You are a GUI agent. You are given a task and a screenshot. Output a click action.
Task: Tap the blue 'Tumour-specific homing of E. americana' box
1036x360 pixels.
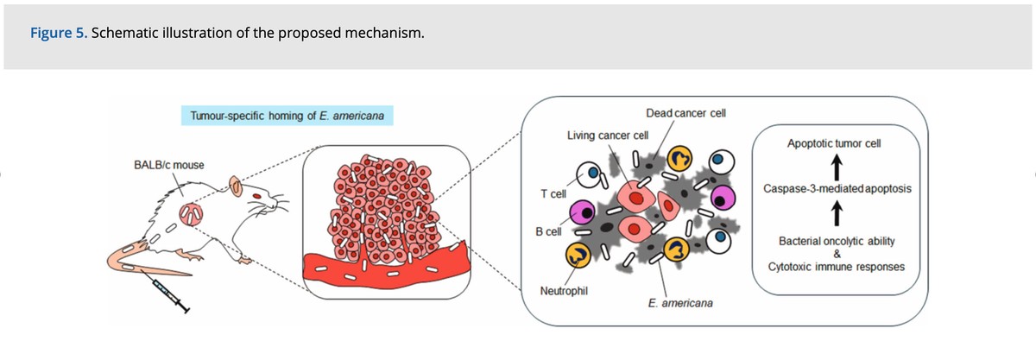(x=287, y=116)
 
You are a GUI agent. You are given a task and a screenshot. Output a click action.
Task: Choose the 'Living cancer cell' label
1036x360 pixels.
(x=607, y=136)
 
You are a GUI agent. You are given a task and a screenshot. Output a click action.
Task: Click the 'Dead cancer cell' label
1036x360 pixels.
(x=685, y=114)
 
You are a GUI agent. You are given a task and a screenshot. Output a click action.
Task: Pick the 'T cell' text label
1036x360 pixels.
(x=553, y=193)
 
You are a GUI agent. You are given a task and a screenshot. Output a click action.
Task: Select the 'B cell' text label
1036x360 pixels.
(x=549, y=231)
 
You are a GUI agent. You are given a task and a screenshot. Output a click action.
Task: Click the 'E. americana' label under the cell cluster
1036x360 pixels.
(x=680, y=304)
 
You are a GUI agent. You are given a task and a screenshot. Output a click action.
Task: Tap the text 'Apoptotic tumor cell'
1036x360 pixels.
(x=834, y=143)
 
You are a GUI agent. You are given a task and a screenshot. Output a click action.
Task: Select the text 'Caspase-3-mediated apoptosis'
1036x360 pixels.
(x=835, y=188)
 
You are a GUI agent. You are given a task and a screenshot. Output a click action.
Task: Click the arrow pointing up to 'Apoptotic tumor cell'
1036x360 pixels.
(x=835, y=165)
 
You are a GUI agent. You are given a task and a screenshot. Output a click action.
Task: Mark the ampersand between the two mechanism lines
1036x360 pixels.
(x=837, y=253)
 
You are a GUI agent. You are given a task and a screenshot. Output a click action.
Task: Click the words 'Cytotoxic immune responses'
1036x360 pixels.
(x=836, y=267)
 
